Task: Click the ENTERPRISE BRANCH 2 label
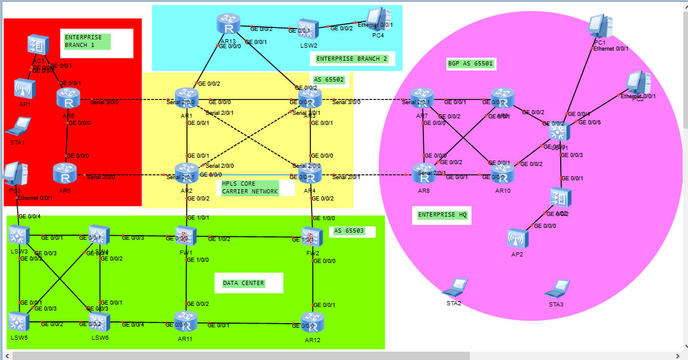tap(351, 59)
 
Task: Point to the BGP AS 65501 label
tap(470, 63)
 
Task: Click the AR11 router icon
tap(186, 321)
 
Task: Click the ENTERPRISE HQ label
tap(442, 215)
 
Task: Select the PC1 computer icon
tap(599, 26)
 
